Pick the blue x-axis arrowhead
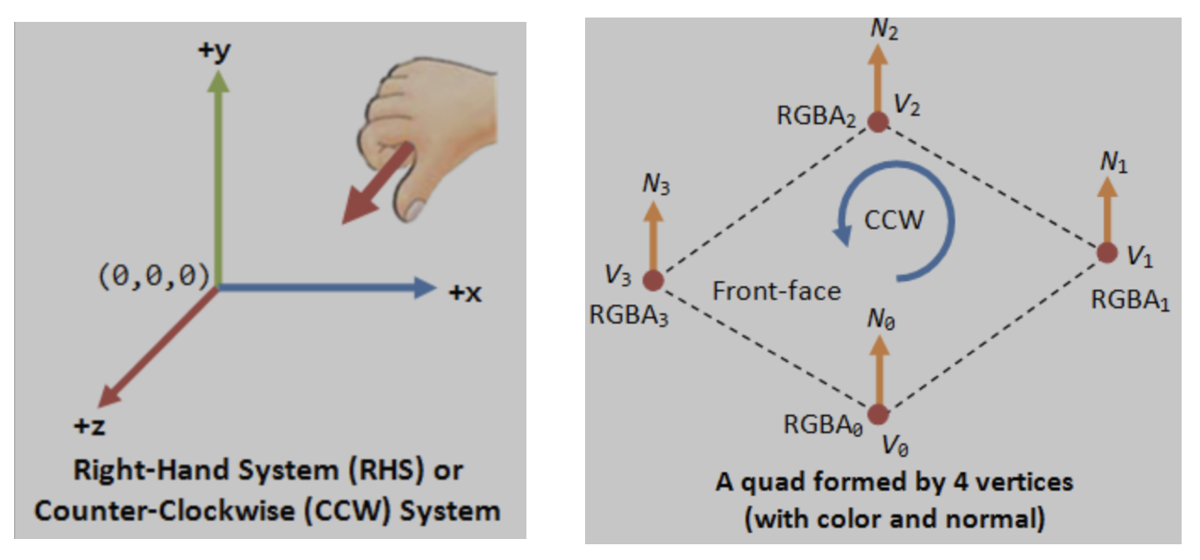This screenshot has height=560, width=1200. coord(424,287)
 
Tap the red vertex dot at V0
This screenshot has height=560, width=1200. coord(879,414)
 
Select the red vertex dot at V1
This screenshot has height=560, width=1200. coord(1107,252)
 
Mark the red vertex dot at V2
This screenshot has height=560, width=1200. coord(879,122)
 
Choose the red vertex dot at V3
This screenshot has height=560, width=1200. coord(653,280)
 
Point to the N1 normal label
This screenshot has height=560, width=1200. coord(1113,162)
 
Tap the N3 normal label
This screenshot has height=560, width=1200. coord(659,186)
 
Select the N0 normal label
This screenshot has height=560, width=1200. coord(880,319)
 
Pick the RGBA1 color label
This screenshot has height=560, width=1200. coord(1131,300)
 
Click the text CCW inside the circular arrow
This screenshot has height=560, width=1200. coord(893,219)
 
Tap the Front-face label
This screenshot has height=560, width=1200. coord(777,290)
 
